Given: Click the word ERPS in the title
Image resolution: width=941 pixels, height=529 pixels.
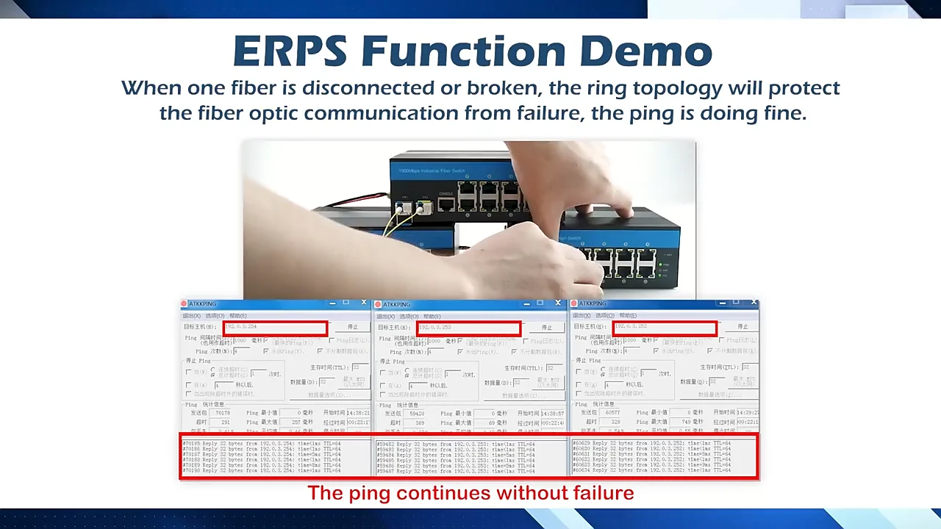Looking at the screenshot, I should point(290,51).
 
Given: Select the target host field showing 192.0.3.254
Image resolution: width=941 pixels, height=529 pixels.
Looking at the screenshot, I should point(275,327).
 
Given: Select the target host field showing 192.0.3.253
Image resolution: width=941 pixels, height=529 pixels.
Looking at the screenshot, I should point(468,327).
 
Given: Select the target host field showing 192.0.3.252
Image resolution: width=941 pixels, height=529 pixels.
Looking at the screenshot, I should point(665,327).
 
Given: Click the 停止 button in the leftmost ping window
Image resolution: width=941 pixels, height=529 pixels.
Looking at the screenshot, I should point(353,327).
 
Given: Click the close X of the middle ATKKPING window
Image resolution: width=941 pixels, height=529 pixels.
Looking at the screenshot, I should point(557,303).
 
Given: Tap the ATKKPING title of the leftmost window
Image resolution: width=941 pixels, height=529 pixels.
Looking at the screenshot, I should point(202,303).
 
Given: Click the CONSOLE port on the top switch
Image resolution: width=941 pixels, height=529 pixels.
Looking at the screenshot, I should point(446,204).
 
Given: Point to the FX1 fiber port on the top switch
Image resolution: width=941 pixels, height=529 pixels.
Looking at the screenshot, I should point(404,208).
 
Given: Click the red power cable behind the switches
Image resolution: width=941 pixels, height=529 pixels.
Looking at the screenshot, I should point(360,199).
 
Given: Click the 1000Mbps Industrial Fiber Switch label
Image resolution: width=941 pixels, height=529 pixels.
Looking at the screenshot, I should point(432,171).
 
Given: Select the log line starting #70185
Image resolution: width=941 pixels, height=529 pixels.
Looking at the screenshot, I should point(261,444).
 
